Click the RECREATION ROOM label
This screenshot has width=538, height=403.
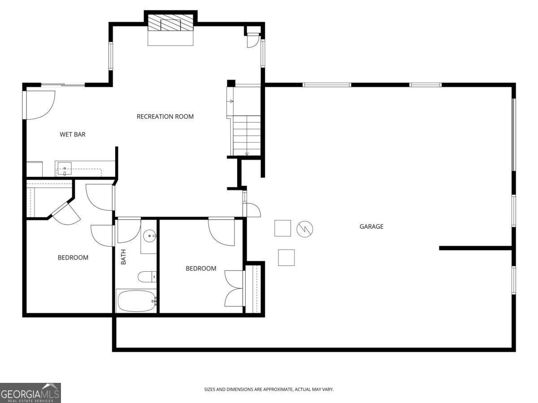click(x=165, y=116)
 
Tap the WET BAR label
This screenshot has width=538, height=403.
click(x=73, y=134)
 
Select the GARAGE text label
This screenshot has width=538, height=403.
click(x=371, y=227)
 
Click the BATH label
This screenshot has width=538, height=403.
click(x=123, y=257)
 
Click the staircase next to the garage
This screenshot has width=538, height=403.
click(x=246, y=134)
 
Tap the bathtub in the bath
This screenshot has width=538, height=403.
click(x=136, y=301)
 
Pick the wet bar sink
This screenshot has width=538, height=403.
click(x=65, y=169)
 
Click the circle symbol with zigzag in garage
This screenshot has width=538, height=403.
click(x=305, y=229)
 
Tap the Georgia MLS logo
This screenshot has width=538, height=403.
click(x=30, y=393)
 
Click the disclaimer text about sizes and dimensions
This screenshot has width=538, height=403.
click(x=269, y=390)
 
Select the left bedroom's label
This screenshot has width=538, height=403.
click(x=73, y=257)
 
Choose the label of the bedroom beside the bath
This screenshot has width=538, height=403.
click(x=201, y=268)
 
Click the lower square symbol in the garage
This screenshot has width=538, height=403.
click(x=286, y=257)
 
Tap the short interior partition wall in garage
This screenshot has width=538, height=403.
click(x=475, y=248)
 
